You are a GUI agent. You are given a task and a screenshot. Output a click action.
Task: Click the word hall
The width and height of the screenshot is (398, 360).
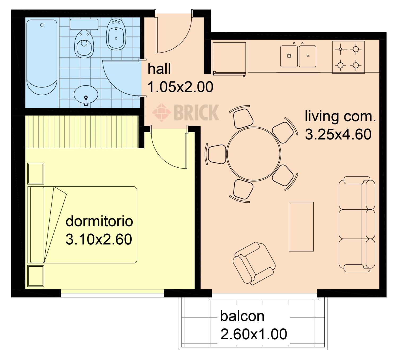click(159, 69)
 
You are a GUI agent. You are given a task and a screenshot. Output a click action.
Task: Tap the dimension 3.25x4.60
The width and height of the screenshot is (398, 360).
click(338, 134)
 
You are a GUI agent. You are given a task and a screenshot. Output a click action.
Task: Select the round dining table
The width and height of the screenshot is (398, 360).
click(254, 154)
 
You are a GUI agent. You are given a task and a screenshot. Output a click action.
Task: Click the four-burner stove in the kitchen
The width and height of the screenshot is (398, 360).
click(348, 57)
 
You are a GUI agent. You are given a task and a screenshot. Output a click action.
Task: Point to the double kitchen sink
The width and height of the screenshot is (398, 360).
click(298, 56)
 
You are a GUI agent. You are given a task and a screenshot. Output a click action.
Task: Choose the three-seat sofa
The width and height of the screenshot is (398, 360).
click(357, 224)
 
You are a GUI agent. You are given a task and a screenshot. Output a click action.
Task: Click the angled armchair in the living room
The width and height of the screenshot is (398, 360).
click(254, 263)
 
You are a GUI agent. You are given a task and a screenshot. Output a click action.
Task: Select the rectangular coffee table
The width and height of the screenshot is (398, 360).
click(301, 227)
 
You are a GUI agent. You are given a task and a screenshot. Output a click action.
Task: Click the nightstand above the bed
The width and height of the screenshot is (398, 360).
click(36, 174)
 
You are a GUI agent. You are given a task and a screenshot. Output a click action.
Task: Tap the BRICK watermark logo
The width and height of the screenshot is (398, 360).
click(186, 112)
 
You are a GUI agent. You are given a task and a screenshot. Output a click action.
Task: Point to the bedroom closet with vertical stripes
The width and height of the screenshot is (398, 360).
click(82, 132)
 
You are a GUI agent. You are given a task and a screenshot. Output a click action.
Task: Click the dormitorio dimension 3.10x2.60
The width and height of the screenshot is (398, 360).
click(99, 239)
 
